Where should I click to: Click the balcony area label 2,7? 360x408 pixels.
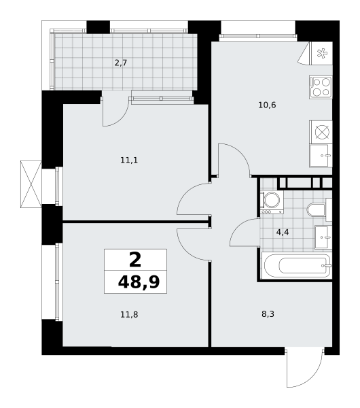click(121, 63)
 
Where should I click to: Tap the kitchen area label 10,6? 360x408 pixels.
click(267, 105)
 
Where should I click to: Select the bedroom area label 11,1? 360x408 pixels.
click(129, 160)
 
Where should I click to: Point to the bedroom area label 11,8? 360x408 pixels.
click(129, 315)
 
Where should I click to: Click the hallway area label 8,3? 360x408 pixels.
click(268, 314)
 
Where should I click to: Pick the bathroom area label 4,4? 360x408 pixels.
click(283, 232)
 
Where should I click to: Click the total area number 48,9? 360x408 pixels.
click(139, 282)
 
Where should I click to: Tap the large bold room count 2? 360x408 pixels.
click(135, 260)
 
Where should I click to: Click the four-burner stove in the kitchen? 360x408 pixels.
click(321, 87)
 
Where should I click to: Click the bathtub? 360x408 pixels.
click(298, 266)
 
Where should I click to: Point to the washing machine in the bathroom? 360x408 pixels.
click(272, 203)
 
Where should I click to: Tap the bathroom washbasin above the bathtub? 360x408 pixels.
click(323, 237)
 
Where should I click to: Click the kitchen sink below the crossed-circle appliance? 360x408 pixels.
click(321, 156)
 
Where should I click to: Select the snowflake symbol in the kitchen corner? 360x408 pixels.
click(322, 53)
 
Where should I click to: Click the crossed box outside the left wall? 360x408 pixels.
click(31, 184)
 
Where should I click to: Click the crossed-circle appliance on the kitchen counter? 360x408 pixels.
click(323, 132)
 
